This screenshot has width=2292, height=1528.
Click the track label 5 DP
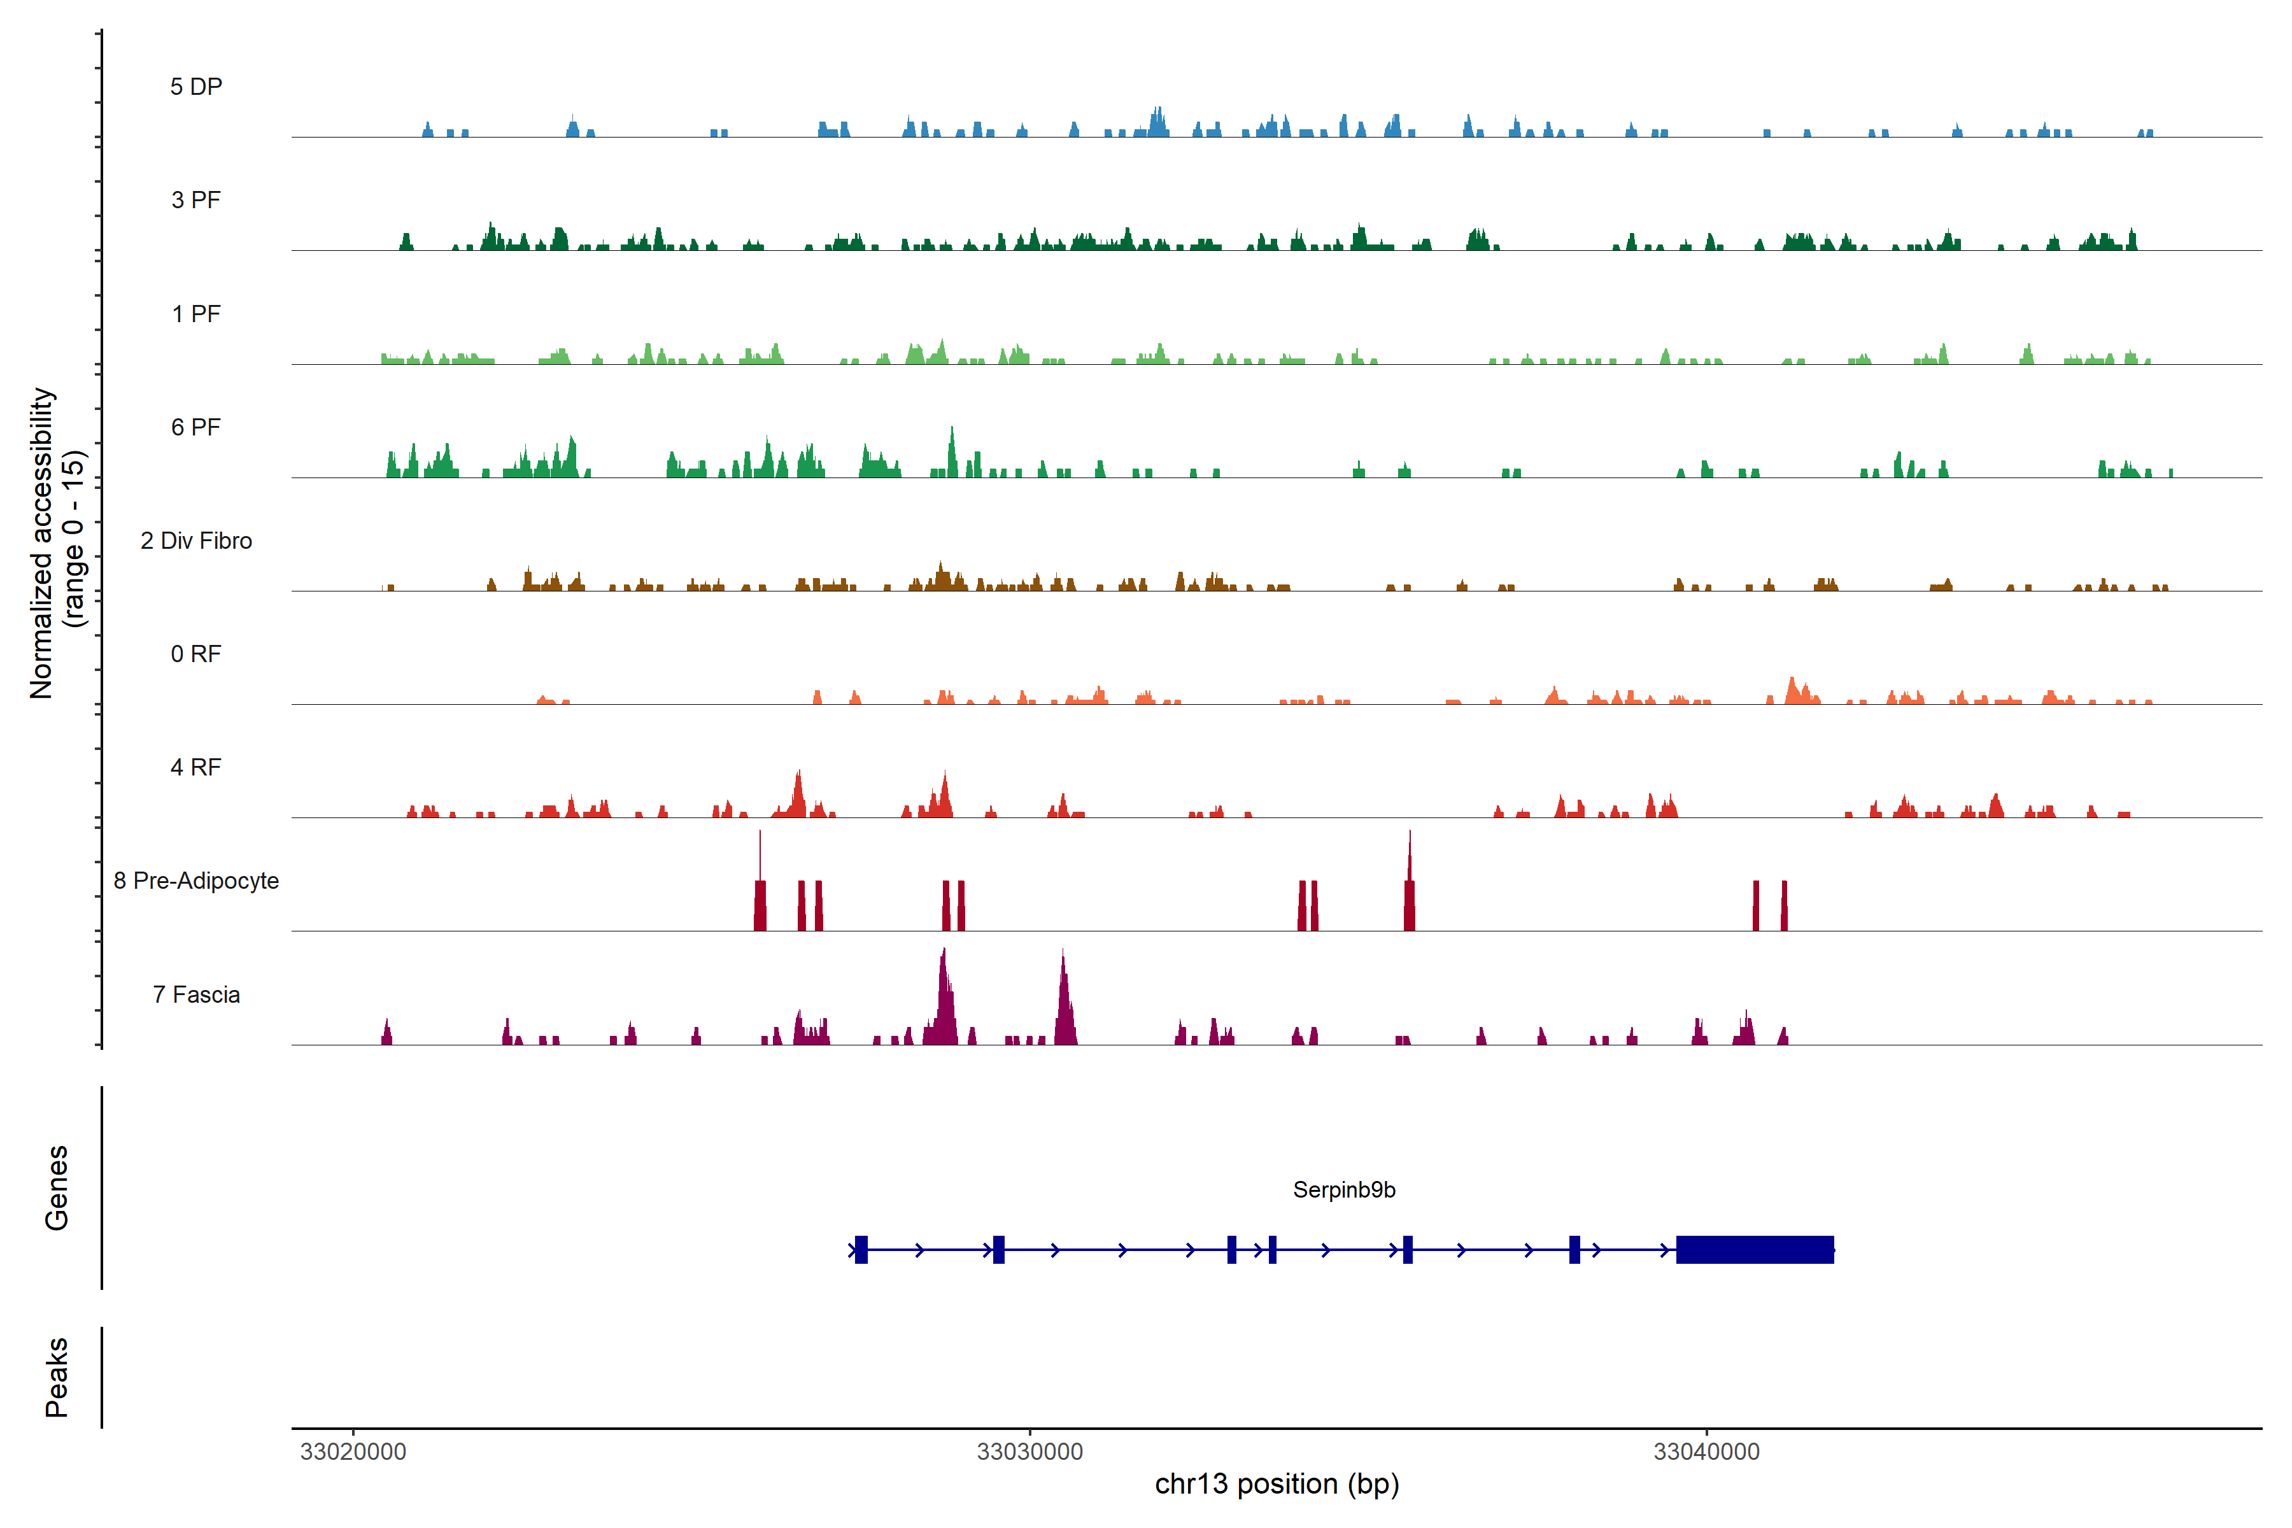pos(196,87)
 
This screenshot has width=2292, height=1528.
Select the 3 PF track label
pos(196,200)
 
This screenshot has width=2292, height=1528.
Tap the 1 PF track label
pos(196,314)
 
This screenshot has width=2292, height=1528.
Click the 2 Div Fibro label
pos(196,541)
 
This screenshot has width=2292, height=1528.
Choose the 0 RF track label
pos(196,654)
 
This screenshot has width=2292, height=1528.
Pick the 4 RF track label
pos(196,767)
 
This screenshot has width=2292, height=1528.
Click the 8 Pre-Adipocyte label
pos(196,881)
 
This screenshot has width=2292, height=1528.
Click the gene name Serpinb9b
pos(1344,1190)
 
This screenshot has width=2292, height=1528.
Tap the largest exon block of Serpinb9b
pos(1754,1249)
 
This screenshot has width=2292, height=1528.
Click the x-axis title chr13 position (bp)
pos(1277,1484)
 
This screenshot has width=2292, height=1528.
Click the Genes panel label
pos(57,1188)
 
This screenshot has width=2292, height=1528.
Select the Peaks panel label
pos(57,1377)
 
